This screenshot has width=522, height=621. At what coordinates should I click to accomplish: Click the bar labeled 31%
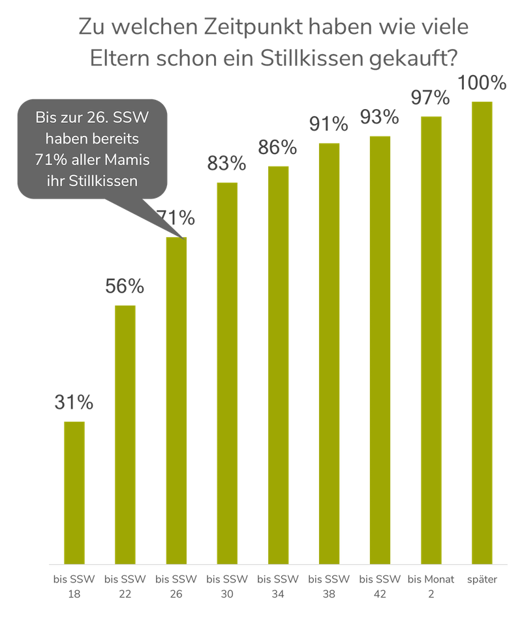tap(74, 492)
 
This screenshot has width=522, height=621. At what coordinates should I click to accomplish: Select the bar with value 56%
tap(125, 433)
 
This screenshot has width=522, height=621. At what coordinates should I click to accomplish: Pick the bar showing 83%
tap(227, 372)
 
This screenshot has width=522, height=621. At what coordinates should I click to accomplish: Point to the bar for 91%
tap(329, 353)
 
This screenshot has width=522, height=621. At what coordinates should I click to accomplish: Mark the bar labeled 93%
tap(380, 349)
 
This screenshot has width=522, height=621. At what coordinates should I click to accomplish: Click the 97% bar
tap(431, 339)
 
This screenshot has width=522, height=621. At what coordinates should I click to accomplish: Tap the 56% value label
tap(125, 287)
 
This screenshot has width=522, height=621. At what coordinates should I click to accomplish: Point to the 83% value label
tap(227, 163)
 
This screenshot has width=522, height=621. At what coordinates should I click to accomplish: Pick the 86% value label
tap(278, 148)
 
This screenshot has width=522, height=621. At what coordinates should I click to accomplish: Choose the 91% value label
tap(329, 124)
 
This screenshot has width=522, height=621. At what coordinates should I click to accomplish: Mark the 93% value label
tap(380, 118)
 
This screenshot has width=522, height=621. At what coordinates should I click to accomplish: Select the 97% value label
tap(431, 98)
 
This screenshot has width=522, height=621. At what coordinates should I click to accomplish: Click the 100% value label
tap(482, 83)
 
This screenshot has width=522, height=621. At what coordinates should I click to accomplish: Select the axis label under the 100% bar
tap(482, 579)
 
